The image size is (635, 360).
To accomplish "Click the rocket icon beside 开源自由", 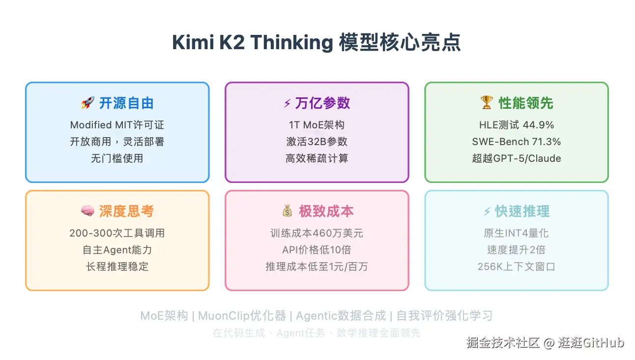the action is click(x=87, y=103).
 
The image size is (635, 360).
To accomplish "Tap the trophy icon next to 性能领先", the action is click(x=487, y=102).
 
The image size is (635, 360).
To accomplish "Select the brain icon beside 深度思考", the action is click(x=87, y=211).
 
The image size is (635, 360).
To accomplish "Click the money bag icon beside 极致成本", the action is click(x=287, y=211).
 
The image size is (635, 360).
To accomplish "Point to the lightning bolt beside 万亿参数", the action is click(x=288, y=103).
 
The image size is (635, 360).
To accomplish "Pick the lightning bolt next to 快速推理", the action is click(x=487, y=211).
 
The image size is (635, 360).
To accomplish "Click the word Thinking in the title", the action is click(x=292, y=42).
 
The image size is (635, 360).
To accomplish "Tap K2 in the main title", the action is click(x=231, y=42).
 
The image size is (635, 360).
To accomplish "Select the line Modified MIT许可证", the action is click(x=117, y=125).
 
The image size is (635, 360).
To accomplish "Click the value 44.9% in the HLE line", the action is click(x=538, y=125).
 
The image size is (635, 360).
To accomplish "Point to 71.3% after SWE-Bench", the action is click(x=546, y=142).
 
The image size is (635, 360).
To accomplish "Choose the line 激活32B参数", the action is click(x=317, y=142).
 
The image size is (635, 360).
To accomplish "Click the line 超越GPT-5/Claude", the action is click(x=517, y=158).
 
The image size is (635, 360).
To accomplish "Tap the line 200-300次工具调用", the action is click(x=117, y=233).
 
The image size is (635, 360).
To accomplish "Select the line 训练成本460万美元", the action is click(x=317, y=233).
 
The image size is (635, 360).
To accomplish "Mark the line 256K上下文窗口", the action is click(x=516, y=267).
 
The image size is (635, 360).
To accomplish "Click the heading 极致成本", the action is click(x=326, y=211).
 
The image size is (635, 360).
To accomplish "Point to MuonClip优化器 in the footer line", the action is click(x=242, y=316).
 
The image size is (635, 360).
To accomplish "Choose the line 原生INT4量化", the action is click(x=516, y=233).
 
